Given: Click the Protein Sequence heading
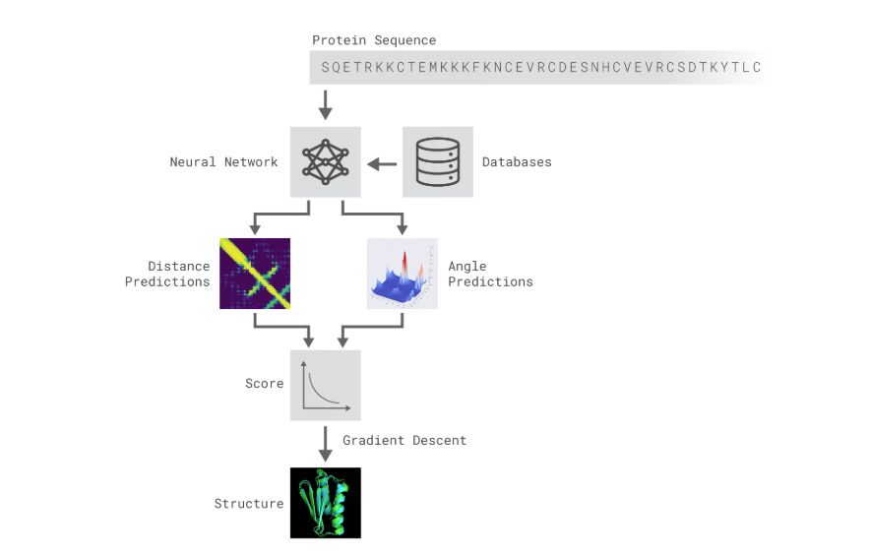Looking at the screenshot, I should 374,40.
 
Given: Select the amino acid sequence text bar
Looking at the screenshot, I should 540,67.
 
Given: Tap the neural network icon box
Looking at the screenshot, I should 325,161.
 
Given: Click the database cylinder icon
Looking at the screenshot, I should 437,161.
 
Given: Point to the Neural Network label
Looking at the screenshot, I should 223,161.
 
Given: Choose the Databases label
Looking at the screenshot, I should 517,161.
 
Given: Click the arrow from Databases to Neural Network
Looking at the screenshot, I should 382,162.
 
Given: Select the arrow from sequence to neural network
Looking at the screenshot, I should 326,103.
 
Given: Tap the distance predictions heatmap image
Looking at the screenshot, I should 255,274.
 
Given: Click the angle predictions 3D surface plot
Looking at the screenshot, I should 402,274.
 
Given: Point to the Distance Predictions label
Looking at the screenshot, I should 178,274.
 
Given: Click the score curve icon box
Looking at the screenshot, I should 325,385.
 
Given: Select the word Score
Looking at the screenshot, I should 264,384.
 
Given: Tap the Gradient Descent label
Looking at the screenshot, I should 404,440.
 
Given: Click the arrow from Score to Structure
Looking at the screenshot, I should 326,444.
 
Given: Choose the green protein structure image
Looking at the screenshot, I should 325,503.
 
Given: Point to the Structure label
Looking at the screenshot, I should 249,504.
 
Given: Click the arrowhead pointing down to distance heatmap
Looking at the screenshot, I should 255,229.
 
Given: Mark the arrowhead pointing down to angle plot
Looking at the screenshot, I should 402,229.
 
